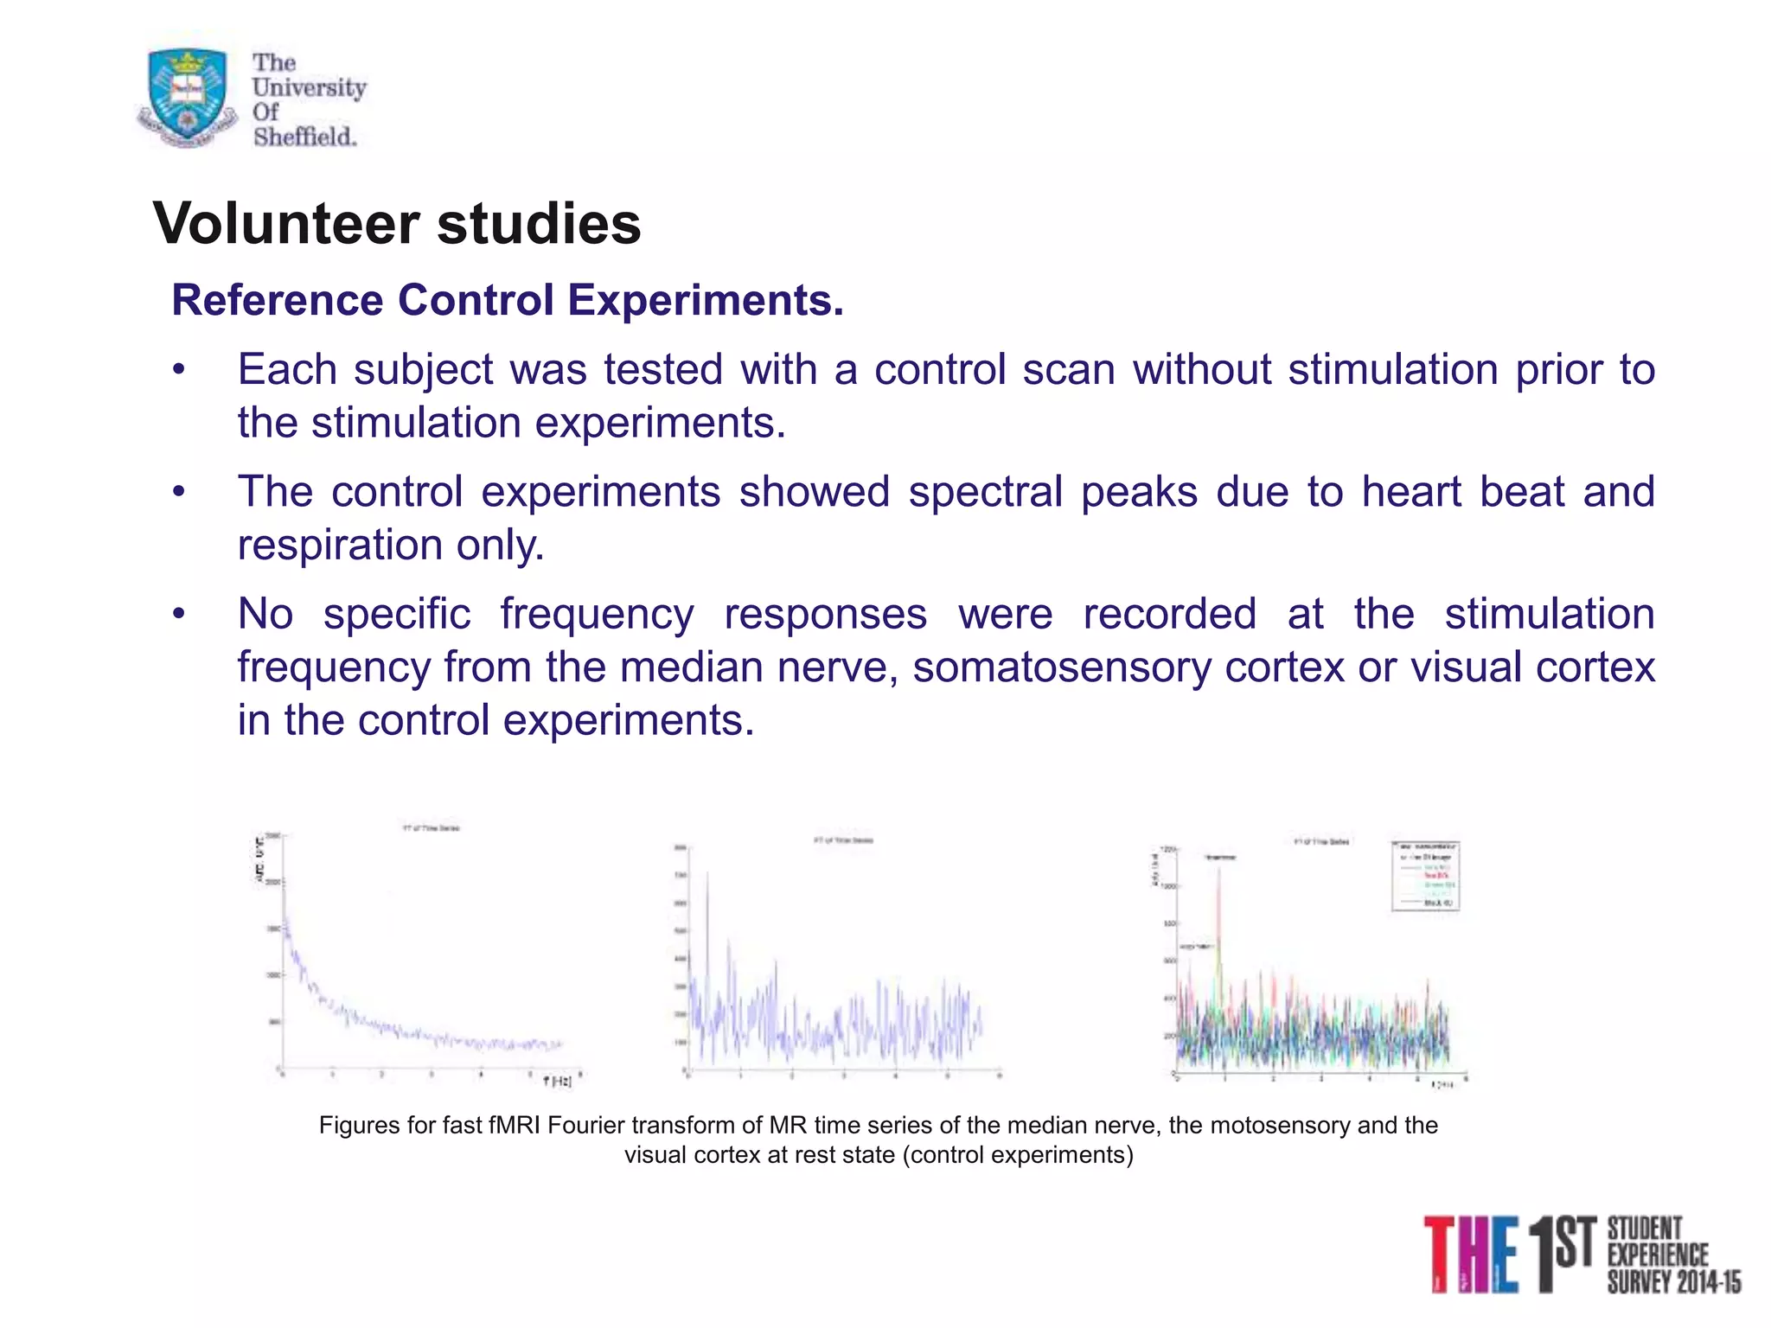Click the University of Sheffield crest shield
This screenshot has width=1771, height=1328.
click(x=188, y=96)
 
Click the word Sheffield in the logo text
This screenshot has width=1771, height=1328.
click(x=304, y=137)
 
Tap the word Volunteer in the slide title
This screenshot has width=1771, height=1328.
click(x=286, y=224)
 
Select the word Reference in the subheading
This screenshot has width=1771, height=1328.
click(x=277, y=301)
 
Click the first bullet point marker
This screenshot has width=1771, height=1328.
click(x=178, y=371)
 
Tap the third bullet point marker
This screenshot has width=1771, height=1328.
click(x=178, y=615)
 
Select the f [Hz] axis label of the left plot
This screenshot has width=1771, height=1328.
click(x=557, y=1082)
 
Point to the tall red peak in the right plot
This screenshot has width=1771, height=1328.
click(x=1219, y=873)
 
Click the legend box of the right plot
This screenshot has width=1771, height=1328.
click(x=1425, y=875)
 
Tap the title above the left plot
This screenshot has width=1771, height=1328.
click(x=431, y=828)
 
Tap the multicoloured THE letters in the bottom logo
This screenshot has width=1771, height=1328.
click(x=1470, y=1254)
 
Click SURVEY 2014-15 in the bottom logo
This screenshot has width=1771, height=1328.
click(x=1673, y=1282)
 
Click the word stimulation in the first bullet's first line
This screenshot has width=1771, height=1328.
click(x=1392, y=371)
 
